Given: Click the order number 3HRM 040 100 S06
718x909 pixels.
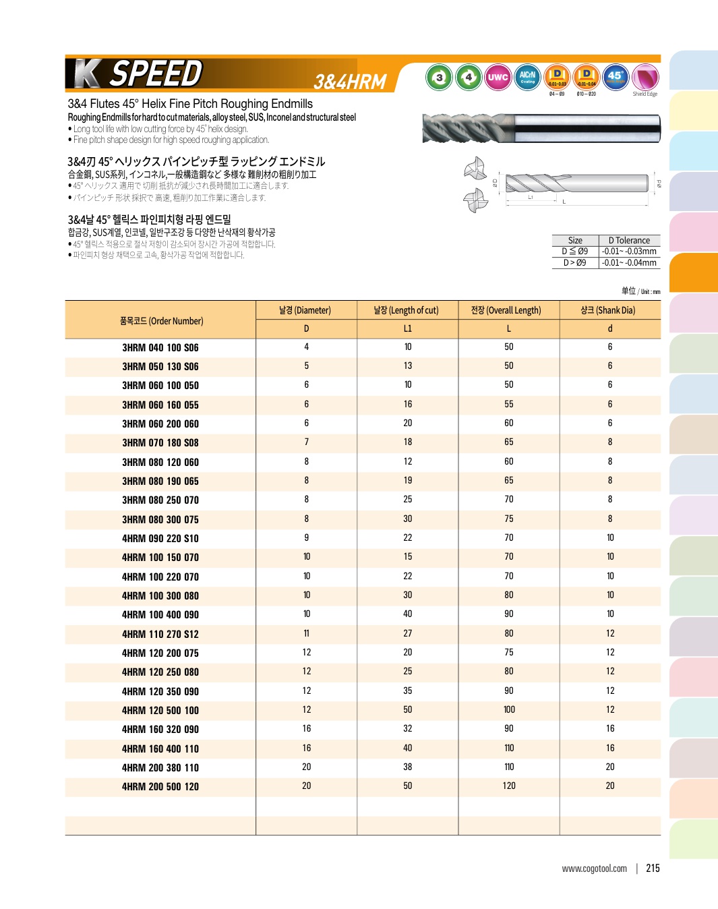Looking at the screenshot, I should pyautogui.click(x=160, y=348).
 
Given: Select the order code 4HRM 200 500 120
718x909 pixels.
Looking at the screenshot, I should pyautogui.click(x=160, y=787).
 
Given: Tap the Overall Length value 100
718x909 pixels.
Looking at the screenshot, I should pyautogui.click(x=509, y=710).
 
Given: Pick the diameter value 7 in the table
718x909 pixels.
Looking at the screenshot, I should pyautogui.click(x=306, y=442).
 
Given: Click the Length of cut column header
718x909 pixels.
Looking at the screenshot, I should pyautogui.click(x=407, y=310).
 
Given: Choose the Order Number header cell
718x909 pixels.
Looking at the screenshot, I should pyautogui.click(x=161, y=321).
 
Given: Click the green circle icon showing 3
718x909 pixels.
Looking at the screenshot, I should pyautogui.click(x=440, y=78).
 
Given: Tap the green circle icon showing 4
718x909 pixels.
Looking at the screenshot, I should pyautogui.click(x=469, y=78).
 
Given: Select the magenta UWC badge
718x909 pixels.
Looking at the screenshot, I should pyautogui.click(x=498, y=78).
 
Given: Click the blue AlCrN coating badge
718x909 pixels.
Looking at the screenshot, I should pyautogui.click(x=527, y=78).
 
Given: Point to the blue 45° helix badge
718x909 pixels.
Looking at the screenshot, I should pyautogui.click(x=615, y=78).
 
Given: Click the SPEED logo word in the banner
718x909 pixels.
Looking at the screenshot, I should pyautogui.click(x=156, y=74).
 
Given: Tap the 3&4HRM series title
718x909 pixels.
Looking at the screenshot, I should pyautogui.click(x=350, y=82).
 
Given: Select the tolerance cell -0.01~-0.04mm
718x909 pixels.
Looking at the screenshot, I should pyautogui.click(x=629, y=263).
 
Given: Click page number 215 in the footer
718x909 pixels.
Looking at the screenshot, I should pyautogui.click(x=653, y=869).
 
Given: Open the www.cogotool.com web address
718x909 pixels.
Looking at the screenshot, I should pyautogui.click(x=594, y=869).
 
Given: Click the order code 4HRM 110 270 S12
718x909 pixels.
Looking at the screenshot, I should pyautogui.click(x=160, y=635).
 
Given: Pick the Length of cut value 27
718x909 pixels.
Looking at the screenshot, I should pyautogui.click(x=407, y=634).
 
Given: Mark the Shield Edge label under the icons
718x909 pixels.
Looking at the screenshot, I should pyautogui.click(x=645, y=94).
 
